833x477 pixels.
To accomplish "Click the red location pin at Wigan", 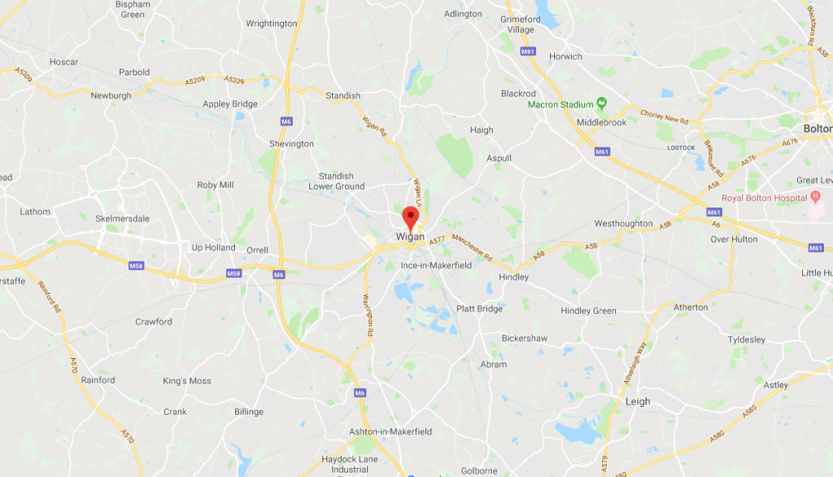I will click(411, 217).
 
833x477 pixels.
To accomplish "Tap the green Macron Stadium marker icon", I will click(602, 103).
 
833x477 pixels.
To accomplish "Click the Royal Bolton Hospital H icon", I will click(814, 197).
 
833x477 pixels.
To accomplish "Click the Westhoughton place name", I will click(623, 223).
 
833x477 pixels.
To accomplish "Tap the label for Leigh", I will click(638, 401).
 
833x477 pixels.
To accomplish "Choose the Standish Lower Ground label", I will click(336, 181).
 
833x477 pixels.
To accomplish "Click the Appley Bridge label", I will click(229, 104).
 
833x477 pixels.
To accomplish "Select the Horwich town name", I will click(565, 56).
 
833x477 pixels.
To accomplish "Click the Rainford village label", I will click(98, 380).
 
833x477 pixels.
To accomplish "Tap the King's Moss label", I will click(186, 381).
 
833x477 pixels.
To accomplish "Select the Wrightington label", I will click(271, 24).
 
